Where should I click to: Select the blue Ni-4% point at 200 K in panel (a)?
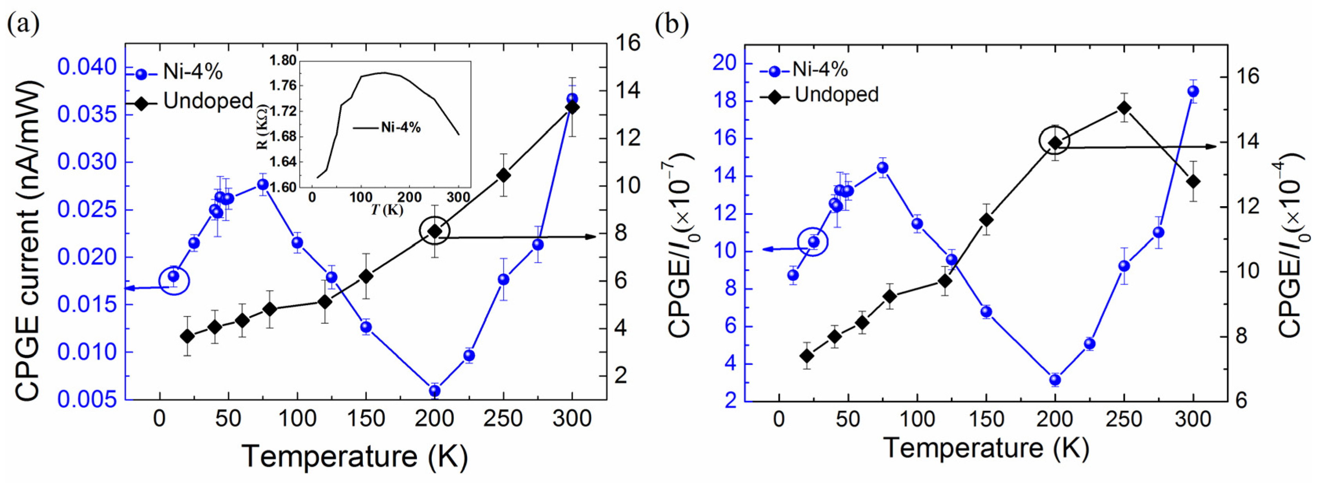tap(435, 391)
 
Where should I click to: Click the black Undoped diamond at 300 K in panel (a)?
tap(572, 107)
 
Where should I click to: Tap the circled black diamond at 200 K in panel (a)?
tap(435, 231)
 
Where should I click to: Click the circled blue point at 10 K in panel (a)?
tap(174, 276)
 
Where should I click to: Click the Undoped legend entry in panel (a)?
tap(207, 101)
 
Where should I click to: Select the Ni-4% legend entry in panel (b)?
tap(820, 69)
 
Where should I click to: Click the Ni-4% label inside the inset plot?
tap(401, 128)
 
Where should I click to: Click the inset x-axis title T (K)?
tap(387, 210)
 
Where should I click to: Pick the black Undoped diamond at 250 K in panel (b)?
tap(1124, 108)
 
